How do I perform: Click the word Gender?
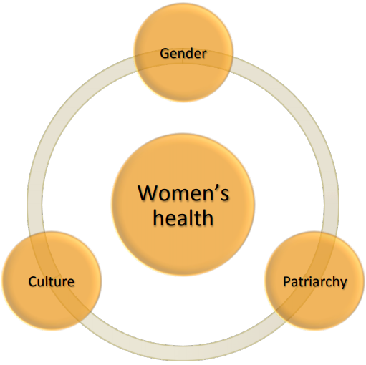tap(183, 54)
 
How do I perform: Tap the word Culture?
tap(52, 281)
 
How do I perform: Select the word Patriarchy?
tap(315, 282)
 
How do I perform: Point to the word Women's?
tap(183, 193)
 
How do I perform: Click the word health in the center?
tap(183, 218)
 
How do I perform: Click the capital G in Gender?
tap(165, 54)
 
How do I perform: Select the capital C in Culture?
tap(33, 281)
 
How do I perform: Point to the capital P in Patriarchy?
tap(286, 281)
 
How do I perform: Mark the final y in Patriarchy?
tap(343, 284)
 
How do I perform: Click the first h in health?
tap(158, 218)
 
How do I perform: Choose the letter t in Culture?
tap(52, 282)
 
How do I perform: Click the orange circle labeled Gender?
tap(183, 53)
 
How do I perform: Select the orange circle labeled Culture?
tap(52, 281)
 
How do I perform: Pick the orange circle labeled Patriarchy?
tap(314, 281)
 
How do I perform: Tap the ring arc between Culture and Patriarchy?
tap(183, 353)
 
